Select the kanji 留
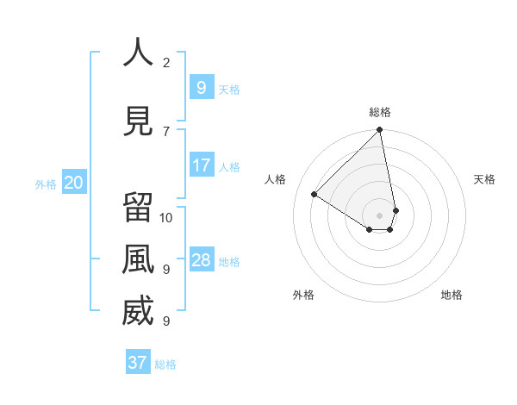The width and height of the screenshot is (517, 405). (138, 208)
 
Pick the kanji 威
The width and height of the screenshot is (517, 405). (138, 312)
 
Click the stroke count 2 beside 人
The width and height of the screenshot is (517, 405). (166, 63)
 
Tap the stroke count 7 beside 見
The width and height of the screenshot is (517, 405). (166, 131)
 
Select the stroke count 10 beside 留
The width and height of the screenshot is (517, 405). (166, 217)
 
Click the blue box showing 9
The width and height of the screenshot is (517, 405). (202, 88)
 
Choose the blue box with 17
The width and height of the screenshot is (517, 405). (202, 165)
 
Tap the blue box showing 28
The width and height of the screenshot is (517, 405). (202, 260)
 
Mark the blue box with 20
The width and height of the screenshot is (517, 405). (74, 183)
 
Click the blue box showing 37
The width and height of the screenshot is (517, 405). (138, 363)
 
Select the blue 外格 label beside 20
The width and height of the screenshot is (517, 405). (46, 184)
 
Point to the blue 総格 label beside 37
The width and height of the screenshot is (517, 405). (165, 364)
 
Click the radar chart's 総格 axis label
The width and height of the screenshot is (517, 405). (380, 112)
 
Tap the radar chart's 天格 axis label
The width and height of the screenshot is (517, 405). (484, 179)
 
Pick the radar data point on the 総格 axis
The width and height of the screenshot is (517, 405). (380, 131)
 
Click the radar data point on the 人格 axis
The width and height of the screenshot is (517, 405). (315, 195)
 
